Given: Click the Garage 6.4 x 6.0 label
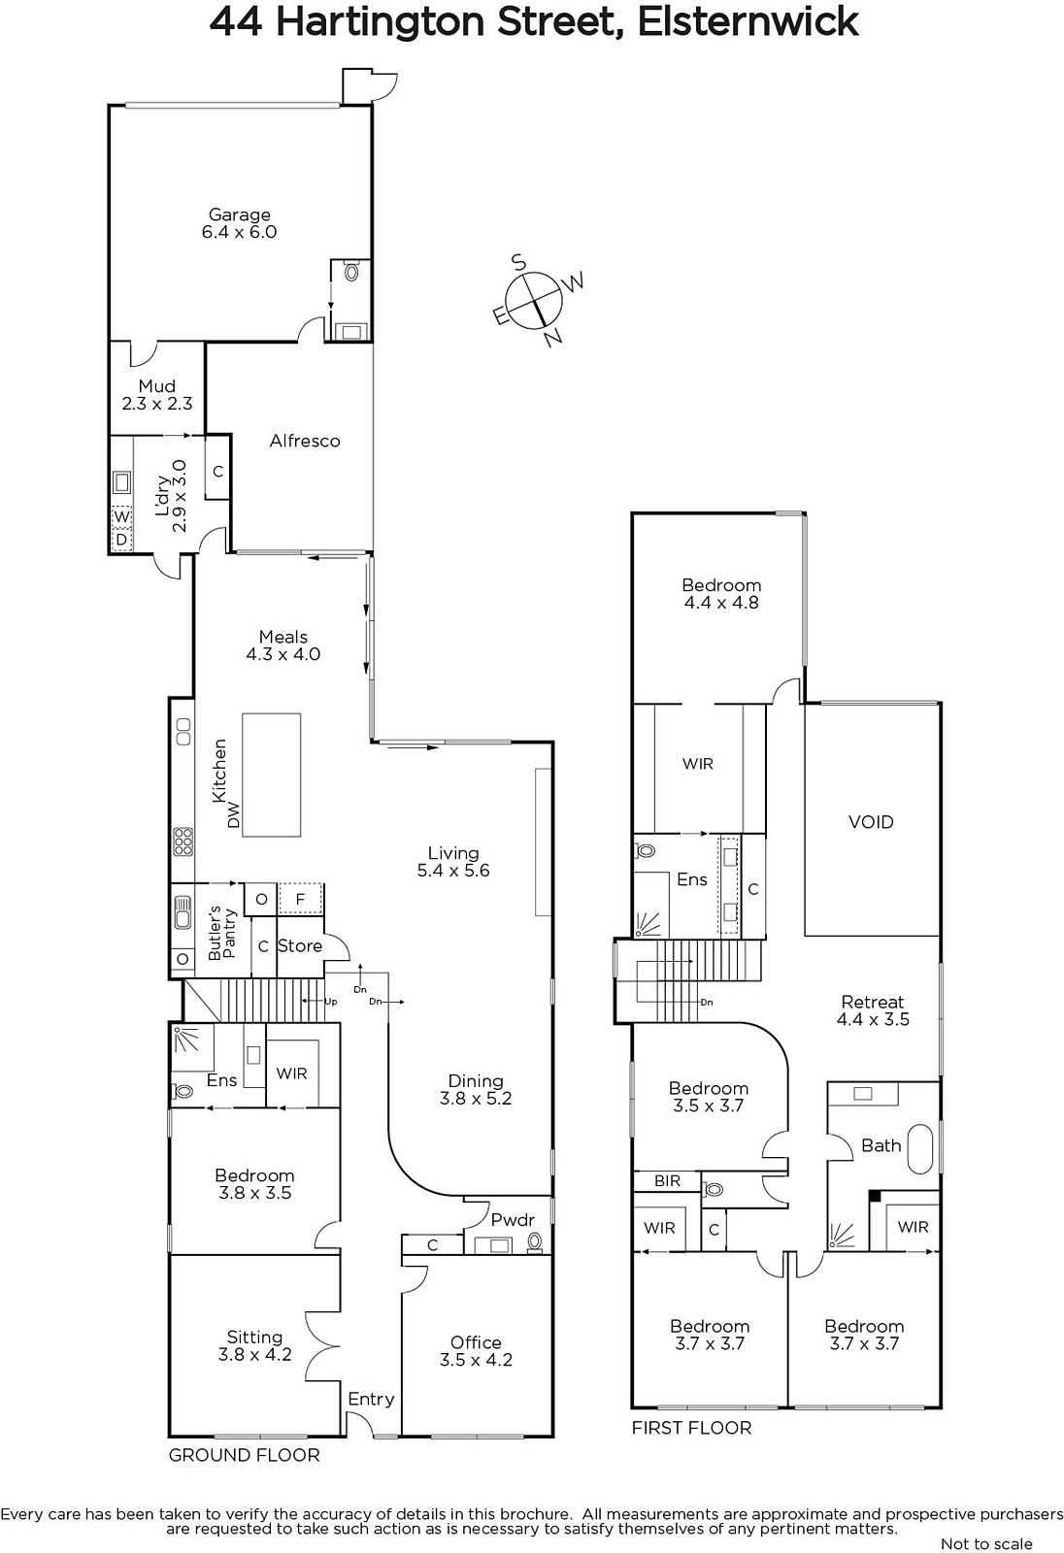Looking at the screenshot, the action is [239, 223].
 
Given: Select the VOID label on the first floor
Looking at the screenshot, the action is [871, 822].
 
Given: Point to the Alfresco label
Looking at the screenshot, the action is [305, 441].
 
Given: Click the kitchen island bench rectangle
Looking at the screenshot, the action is [271, 775].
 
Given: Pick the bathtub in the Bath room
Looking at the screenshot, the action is [920, 1149].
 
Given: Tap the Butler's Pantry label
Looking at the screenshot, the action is [222, 932].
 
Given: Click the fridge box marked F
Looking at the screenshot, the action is [300, 899].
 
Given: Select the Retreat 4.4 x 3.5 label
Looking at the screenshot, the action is [873, 1010].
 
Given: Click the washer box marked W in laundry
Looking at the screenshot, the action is [121, 516].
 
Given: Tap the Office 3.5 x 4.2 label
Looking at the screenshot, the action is [476, 1351].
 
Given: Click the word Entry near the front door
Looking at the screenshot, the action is [371, 1399].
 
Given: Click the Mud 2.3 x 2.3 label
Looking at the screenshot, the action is [156, 394].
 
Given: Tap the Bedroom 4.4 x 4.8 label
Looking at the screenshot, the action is [721, 593].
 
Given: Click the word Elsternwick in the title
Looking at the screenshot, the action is [748, 21].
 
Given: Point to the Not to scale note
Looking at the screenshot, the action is [986, 1543].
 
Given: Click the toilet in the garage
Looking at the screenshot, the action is [351, 271].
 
